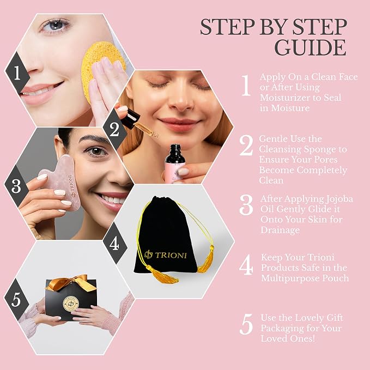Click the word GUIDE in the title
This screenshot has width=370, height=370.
pyautogui.click(x=311, y=47)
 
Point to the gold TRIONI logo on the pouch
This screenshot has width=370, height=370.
pyautogui.click(x=166, y=255)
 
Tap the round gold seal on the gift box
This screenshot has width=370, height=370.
pyautogui.click(x=71, y=304)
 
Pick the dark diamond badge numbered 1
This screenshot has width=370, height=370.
pyautogui.click(x=17, y=73)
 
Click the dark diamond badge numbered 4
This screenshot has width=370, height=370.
pyautogui.click(x=114, y=243)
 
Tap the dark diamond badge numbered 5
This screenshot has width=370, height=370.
pyautogui.click(x=16, y=300)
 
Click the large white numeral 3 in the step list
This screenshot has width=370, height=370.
pyautogui.click(x=246, y=205)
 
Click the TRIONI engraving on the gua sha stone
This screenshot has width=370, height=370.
pyautogui.click(x=72, y=186)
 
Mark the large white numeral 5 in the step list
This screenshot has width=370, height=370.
pyautogui.click(x=246, y=324)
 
